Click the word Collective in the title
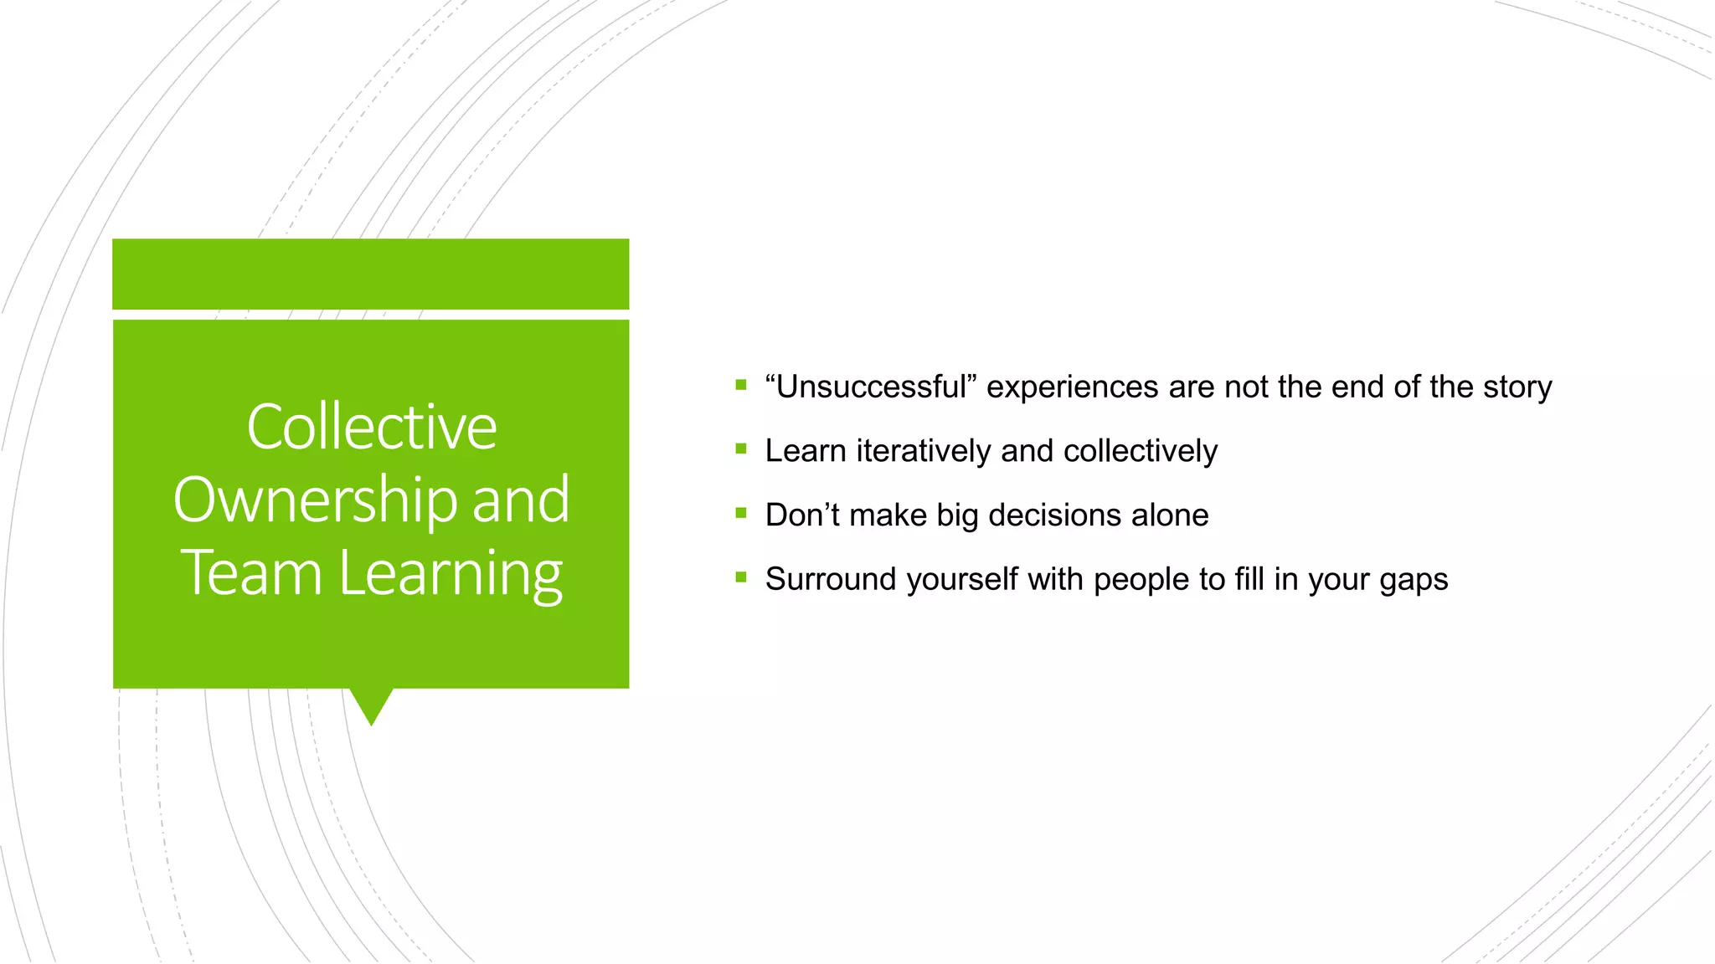tap(371, 427)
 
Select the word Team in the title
tap(251, 573)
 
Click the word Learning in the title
tap(451, 575)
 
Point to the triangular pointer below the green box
tap(371, 705)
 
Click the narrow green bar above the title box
tap(370, 274)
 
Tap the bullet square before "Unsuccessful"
tap(740, 385)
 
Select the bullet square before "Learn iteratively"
tap(740, 449)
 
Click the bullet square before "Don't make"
tap(740, 513)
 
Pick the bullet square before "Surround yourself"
tap(740, 577)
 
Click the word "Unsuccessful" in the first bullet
tap(871, 387)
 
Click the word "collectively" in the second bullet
tap(1140, 451)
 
